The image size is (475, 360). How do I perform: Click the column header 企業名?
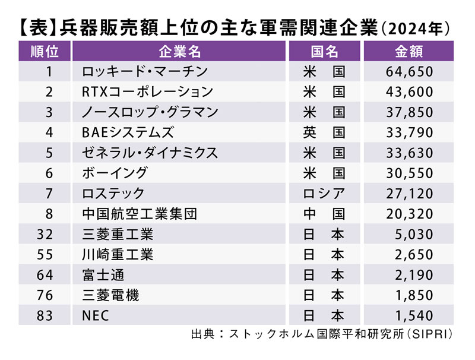coord(179,52)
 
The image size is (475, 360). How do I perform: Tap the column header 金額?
coord(408,52)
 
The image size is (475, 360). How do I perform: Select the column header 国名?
coord(325,52)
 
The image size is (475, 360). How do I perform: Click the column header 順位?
coord(45,52)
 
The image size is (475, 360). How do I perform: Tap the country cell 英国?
coord(325,132)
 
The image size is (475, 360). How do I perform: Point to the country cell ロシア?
coord(325,193)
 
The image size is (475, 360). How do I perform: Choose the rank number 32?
coord(45,234)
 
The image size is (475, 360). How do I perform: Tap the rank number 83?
coord(45,315)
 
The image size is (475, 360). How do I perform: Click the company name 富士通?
coord(104,274)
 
